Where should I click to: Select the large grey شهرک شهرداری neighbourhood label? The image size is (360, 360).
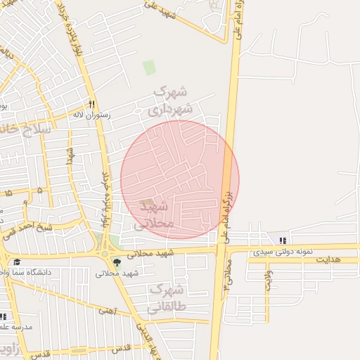tap(169, 100)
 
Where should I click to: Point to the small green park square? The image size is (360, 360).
tap(149, 67)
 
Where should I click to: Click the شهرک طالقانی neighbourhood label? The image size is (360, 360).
tap(166, 298)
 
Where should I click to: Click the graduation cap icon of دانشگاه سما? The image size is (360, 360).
tap(15, 262)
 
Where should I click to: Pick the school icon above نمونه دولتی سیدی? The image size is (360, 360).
tap(283, 241)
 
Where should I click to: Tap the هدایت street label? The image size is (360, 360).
tap(327, 260)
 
